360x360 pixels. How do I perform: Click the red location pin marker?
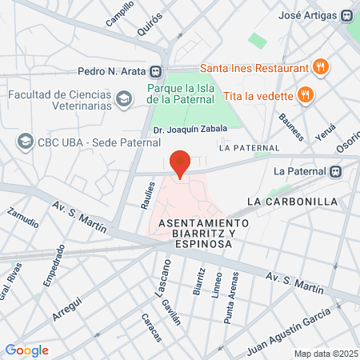(x=181, y=162)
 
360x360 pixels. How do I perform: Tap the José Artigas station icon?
(x=346, y=15)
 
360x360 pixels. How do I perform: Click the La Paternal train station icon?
(x=338, y=170)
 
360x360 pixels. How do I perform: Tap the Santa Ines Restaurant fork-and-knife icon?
(x=321, y=67)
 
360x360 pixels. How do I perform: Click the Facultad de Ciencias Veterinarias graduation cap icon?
(x=122, y=99)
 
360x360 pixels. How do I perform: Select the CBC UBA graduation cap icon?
(x=25, y=142)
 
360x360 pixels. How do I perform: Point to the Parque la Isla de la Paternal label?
(x=182, y=94)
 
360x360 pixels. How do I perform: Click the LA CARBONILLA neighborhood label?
(x=292, y=201)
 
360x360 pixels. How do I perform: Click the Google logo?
(x=27, y=350)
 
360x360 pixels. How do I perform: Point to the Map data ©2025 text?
(x=324, y=354)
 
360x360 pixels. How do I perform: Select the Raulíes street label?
(x=147, y=194)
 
